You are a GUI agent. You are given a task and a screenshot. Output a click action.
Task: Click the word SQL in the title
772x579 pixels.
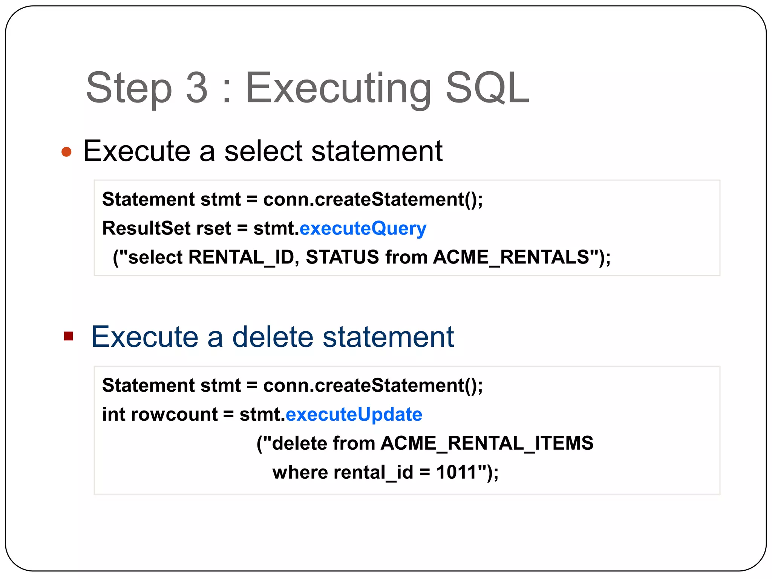click(x=487, y=88)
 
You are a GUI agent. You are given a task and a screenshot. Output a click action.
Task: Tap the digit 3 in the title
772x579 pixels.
click(x=197, y=88)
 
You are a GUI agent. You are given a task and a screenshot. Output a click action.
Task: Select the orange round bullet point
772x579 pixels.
click(x=66, y=152)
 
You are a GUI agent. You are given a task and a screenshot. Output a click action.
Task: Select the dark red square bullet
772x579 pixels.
click(x=68, y=336)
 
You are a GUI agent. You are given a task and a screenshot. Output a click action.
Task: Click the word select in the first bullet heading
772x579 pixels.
click(x=263, y=151)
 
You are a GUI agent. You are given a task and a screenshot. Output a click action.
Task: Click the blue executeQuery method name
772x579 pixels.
click(x=363, y=229)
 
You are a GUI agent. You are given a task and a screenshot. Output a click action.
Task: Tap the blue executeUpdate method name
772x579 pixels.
click(x=354, y=414)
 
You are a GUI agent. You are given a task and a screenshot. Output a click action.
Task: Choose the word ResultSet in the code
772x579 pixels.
click(x=146, y=228)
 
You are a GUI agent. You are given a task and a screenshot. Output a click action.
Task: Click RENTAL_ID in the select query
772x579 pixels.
click(x=240, y=257)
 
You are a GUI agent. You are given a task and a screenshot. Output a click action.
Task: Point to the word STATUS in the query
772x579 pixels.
click(x=342, y=257)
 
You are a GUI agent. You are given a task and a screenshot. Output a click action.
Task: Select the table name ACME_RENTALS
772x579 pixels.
click(x=511, y=257)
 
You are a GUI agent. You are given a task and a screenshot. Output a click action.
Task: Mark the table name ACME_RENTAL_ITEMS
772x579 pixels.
click(x=487, y=443)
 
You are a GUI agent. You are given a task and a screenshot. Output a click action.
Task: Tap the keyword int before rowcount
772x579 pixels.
click(x=113, y=414)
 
